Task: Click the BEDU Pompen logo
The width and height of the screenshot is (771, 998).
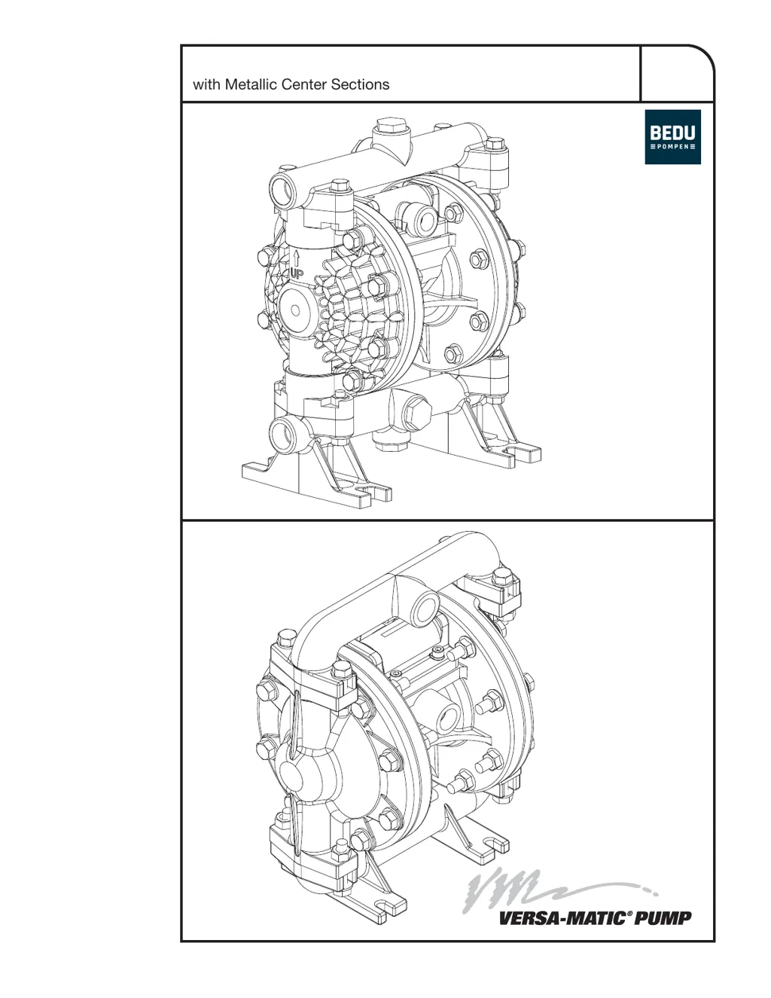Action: point(672,136)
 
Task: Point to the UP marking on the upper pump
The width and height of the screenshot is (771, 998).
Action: point(297,275)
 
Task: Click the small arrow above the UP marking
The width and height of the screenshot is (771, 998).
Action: point(297,258)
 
